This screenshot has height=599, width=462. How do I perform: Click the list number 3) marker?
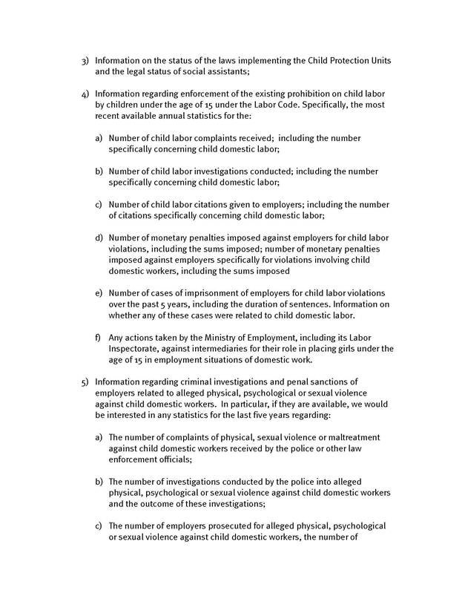click(x=85, y=59)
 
